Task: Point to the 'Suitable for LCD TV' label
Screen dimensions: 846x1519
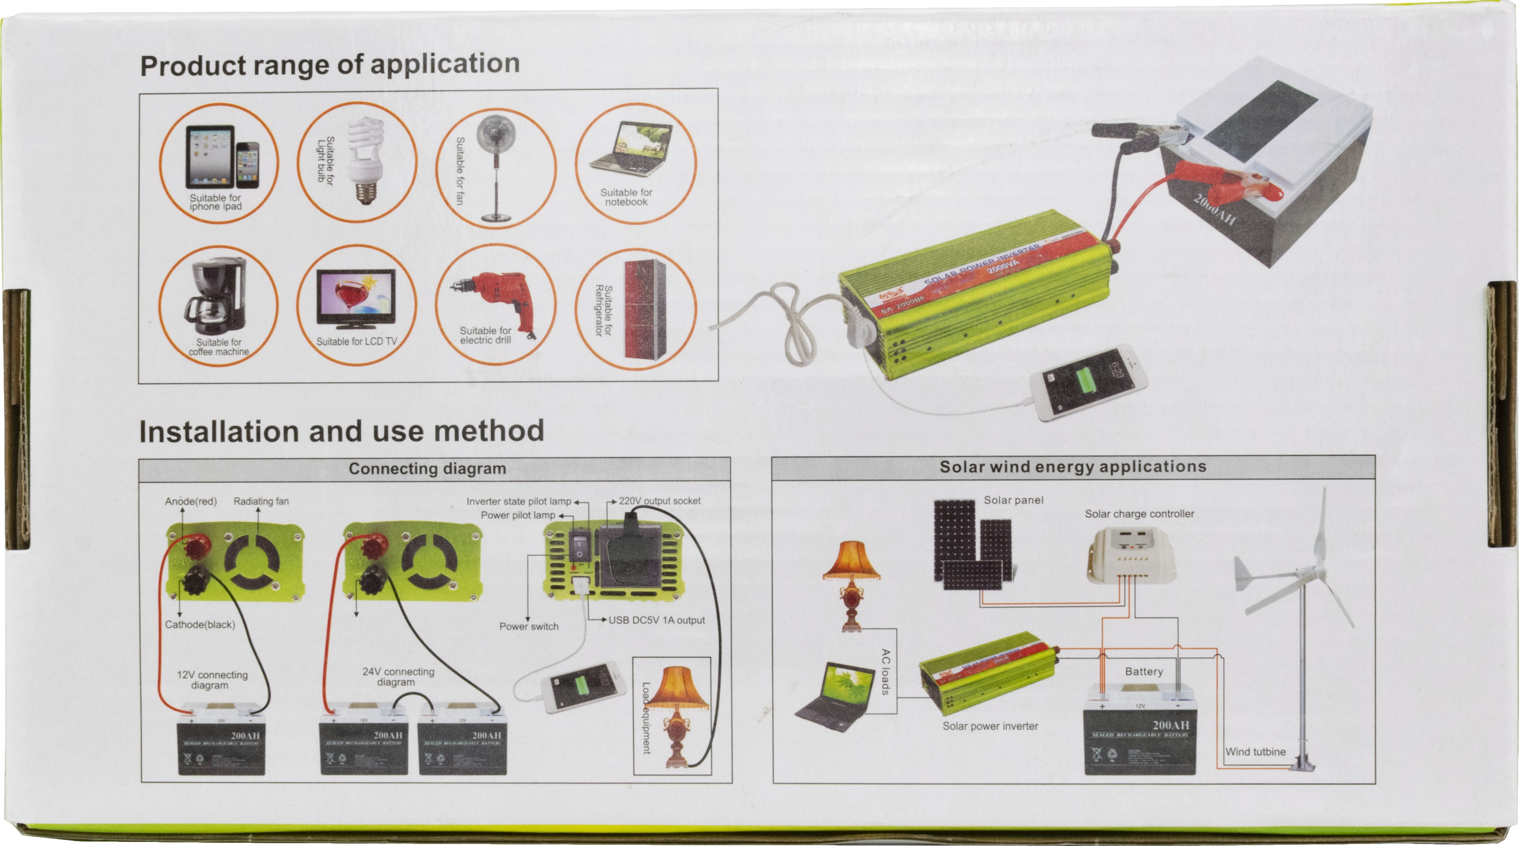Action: tap(357, 341)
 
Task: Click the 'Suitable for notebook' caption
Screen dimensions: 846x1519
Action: tap(626, 197)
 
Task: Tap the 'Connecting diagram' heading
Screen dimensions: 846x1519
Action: tap(428, 469)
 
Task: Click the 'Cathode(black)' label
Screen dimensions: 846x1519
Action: tap(200, 624)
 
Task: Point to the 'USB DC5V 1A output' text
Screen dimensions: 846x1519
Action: tap(656, 620)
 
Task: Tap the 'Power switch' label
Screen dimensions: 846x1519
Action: tap(529, 627)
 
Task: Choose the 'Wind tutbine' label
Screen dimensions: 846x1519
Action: tap(1255, 752)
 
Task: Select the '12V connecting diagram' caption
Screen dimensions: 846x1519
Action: tap(212, 680)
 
